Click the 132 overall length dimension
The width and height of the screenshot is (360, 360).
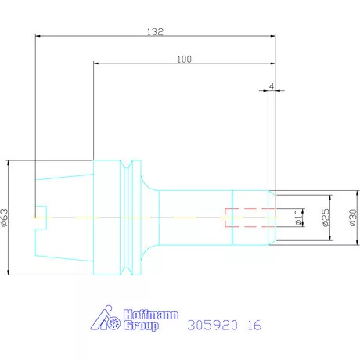pyautogui.click(x=155, y=32)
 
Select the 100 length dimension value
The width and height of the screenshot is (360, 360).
pyautogui.click(x=184, y=59)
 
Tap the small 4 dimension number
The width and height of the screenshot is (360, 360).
pyautogui.click(x=272, y=86)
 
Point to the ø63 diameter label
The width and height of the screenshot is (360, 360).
pyautogui.click(x=5, y=218)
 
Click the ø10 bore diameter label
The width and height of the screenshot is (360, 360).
pyautogui.click(x=298, y=218)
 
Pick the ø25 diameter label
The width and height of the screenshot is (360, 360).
pyautogui.click(x=326, y=218)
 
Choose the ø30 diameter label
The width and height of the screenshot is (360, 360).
pyautogui.click(x=353, y=218)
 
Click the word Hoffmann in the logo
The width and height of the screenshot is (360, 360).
pyautogui.click(x=151, y=315)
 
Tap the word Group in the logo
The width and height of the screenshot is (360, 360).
pyautogui.click(x=141, y=326)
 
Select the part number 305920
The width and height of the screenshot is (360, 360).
pyautogui.click(x=213, y=326)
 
